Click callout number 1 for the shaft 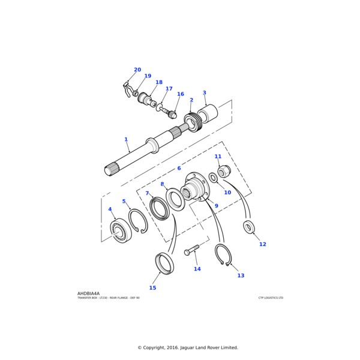(x=126, y=140)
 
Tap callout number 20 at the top (x=137, y=70)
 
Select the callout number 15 (x=152, y=288)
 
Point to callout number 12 (x=263, y=244)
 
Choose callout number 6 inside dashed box (x=179, y=169)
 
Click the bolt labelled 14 (x=192, y=250)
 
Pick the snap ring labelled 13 (x=223, y=254)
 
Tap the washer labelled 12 (x=248, y=227)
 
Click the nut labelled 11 (x=224, y=172)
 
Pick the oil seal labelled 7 (x=160, y=208)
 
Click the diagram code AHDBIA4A (x=89, y=293)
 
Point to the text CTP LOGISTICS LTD (x=271, y=298)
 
